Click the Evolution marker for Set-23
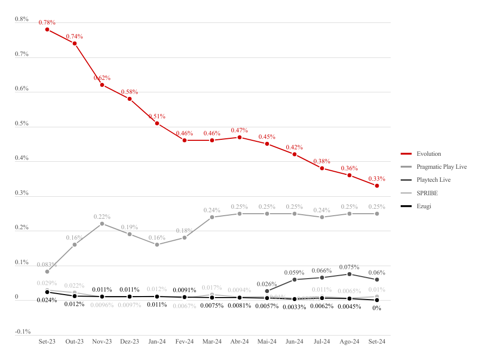(47, 29)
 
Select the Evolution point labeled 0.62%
(102, 85)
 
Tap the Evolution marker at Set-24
(377, 186)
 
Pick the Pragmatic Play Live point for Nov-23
(102, 224)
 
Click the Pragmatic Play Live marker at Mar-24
(212, 217)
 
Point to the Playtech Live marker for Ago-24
(349, 274)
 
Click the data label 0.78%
(47, 22)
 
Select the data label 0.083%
(47, 265)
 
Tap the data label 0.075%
(349, 267)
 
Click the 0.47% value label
(240, 130)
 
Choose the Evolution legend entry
(429, 154)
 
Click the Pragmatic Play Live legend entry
(442, 167)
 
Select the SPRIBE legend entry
(427, 193)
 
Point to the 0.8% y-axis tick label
(21, 19)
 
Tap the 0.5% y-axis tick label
(21, 123)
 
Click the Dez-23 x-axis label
(129, 342)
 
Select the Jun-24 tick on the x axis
(294, 342)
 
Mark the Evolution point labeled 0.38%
(322, 169)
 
